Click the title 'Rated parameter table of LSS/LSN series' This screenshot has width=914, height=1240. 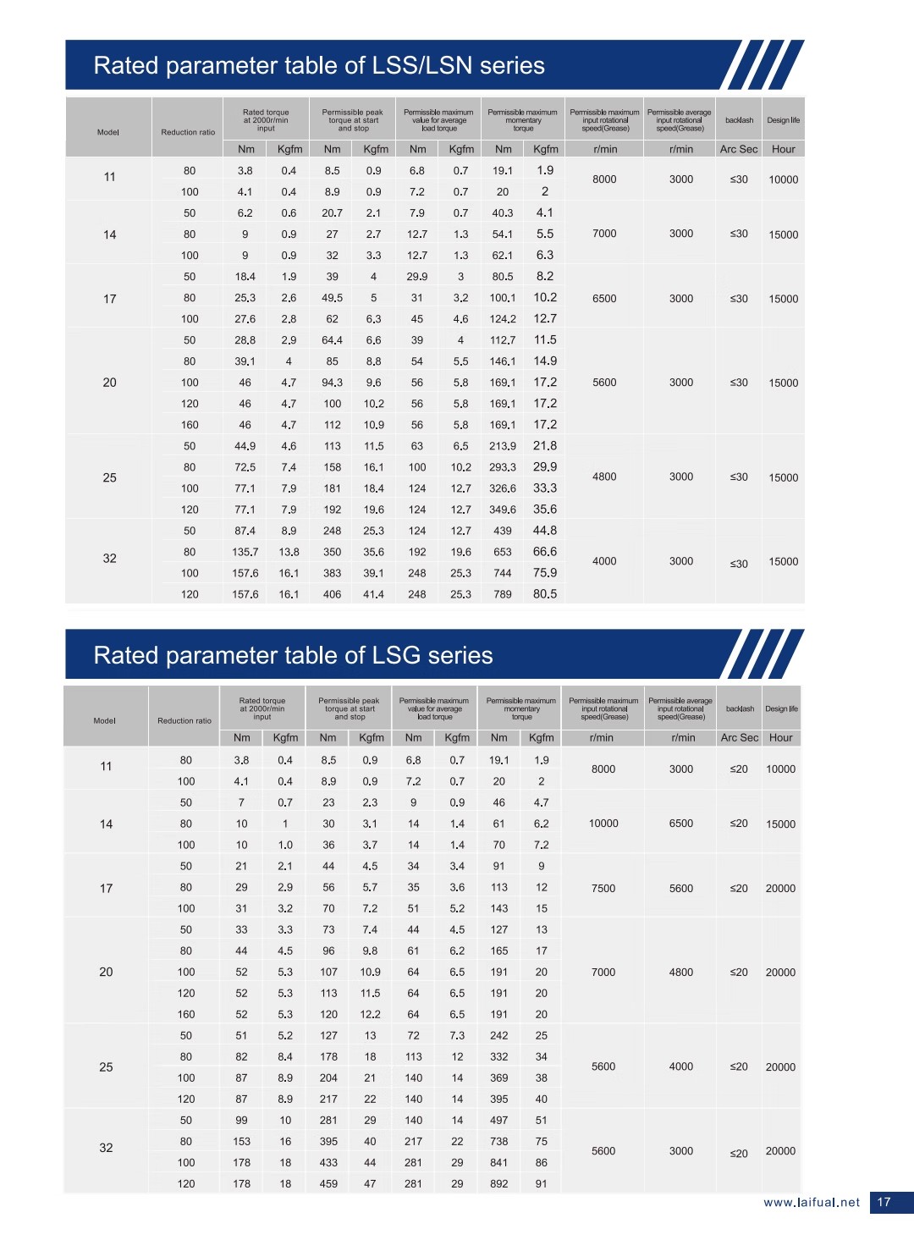pos(319,66)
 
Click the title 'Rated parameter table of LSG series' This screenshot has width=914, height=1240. pos(293,656)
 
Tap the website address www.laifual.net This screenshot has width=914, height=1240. pos(811,1202)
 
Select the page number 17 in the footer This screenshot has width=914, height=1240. pos(884,1202)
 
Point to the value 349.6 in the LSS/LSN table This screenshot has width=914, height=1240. pos(503,510)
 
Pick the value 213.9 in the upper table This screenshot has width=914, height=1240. pos(503,446)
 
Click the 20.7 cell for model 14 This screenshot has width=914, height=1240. pos(332,213)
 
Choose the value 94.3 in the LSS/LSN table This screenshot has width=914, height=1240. pos(332,383)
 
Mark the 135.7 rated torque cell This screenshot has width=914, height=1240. pos(245,552)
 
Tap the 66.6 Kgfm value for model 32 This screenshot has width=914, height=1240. pos(545,552)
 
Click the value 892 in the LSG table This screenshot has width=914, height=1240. pos(499,1184)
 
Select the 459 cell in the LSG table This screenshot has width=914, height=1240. pos(328,1184)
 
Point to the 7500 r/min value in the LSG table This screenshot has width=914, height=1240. pos(603,889)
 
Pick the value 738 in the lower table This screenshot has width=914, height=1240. pos(499,1142)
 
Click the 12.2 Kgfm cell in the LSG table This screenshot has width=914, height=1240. pos(370,1015)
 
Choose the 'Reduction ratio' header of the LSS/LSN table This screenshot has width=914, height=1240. pos(188,132)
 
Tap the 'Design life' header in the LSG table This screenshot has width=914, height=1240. pos(781,709)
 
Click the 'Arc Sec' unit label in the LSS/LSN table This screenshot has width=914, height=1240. pos(739,149)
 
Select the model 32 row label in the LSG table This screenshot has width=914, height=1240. pos(106,1149)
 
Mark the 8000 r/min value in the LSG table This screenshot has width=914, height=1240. pos(603,769)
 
